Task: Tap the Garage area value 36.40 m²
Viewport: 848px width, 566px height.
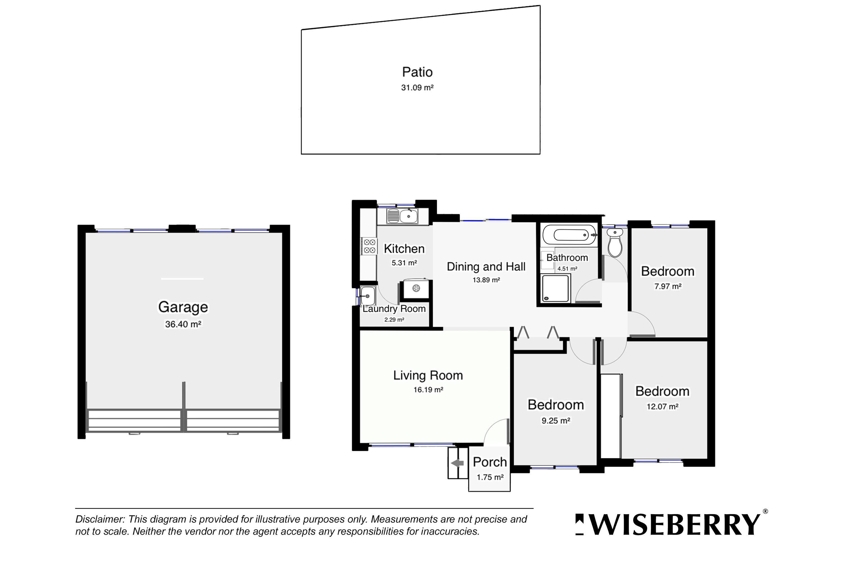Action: [x=183, y=324]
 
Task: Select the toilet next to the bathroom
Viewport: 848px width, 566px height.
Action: [x=615, y=242]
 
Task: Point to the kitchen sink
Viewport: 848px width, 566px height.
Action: [x=403, y=216]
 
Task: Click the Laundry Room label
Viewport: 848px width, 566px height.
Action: [x=394, y=309]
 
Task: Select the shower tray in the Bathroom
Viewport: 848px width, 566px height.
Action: [x=555, y=288]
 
